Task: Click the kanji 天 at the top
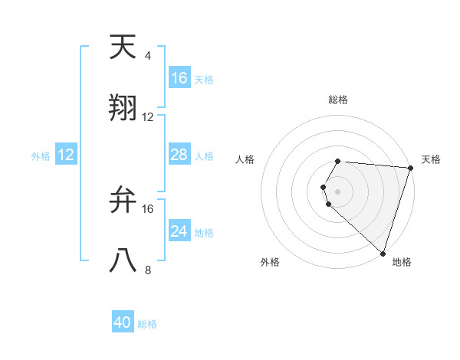123,47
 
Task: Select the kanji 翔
123,108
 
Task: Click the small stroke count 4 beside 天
147,56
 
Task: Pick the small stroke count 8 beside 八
147,270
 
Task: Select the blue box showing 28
179,155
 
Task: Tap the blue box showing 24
179,231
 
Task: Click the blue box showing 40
123,322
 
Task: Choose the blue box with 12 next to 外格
65,155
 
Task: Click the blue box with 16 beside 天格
179,78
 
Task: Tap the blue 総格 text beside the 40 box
147,324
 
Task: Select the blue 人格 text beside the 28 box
204,155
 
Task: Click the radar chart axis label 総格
338,100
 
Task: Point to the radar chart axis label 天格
431,159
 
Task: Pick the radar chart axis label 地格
402,262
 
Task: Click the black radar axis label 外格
270,262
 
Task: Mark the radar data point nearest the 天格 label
410,168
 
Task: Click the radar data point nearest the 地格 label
383,253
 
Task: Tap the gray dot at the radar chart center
338,191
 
